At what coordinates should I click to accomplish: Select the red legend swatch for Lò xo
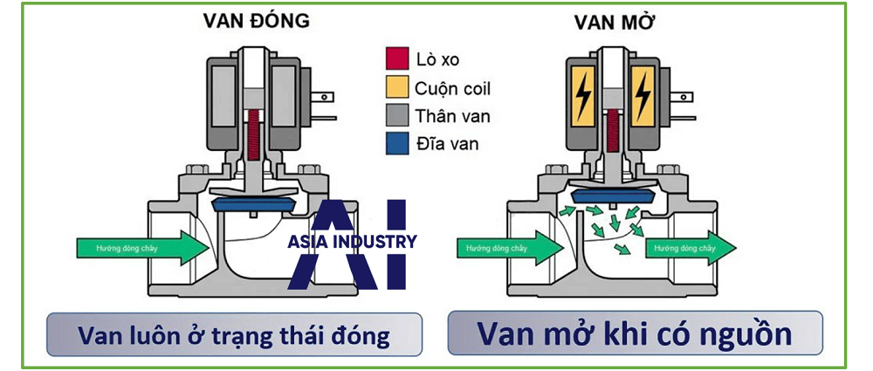pos(395,59)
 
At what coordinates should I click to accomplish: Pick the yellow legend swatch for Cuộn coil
pos(395,87)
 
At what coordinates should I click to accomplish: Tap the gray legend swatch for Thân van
pos(395,115)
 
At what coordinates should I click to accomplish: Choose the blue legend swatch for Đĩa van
pos(395,143)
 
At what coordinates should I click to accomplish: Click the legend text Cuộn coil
pos(453,87)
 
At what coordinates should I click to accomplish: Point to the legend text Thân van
pos(450,115)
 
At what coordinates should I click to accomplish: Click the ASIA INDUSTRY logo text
pos(352,242)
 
